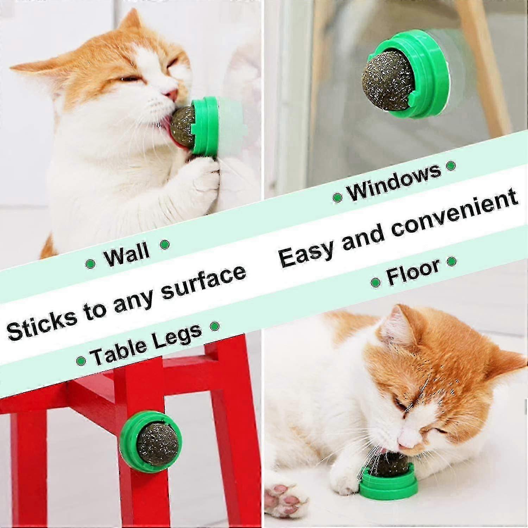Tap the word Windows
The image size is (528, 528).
[x=394, y=182]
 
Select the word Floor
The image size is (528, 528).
[x=413, y=271]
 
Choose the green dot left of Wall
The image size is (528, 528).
[x=90, y=264]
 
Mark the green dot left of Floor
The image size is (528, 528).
[x=376, y=282]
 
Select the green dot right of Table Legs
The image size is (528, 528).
[x=214, y=326]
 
